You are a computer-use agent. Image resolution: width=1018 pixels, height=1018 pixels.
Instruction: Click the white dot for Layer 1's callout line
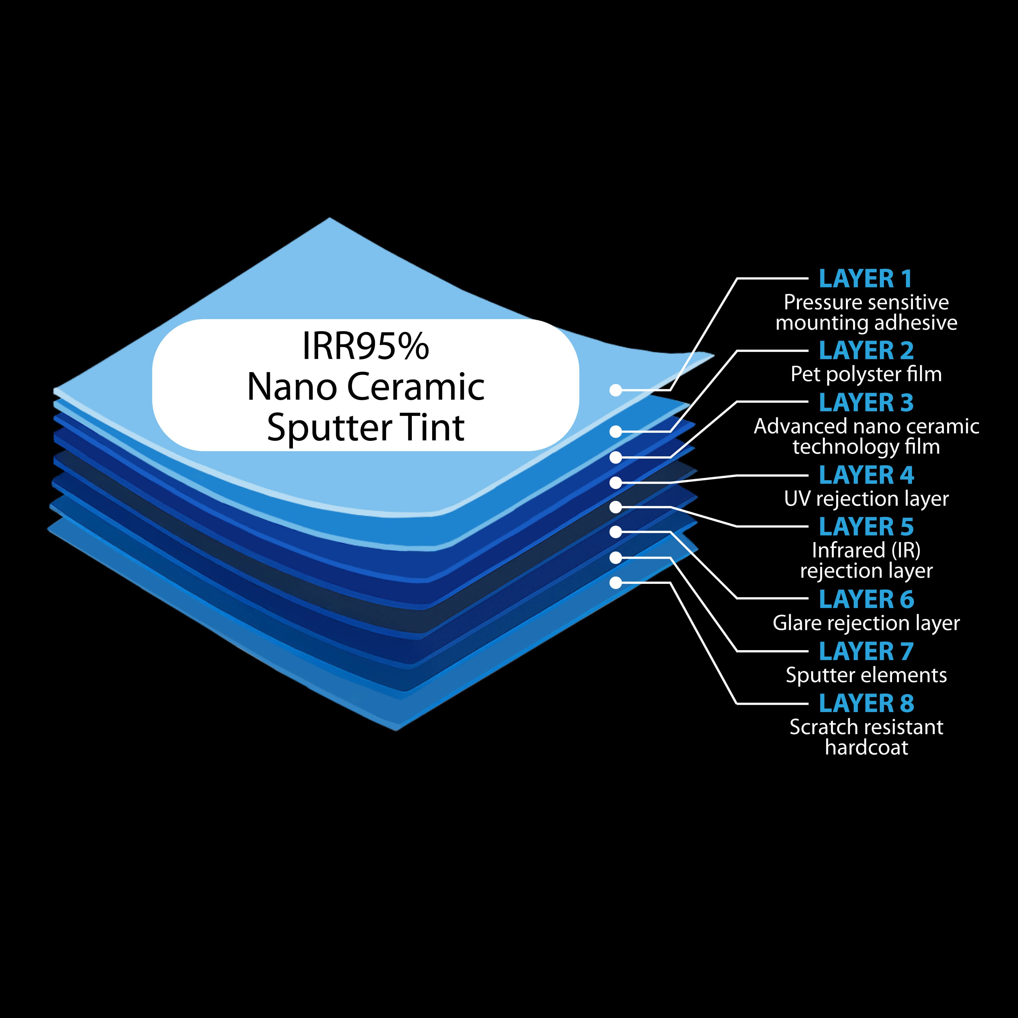click(x=615, y=390)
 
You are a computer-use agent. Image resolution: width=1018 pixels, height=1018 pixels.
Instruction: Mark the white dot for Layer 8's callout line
click(x=615, y=583)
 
